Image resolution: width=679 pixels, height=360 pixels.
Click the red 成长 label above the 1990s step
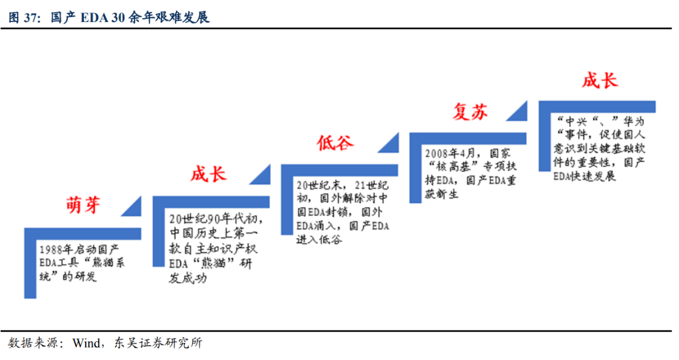click(x=208, y=173)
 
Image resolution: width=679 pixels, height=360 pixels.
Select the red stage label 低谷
click(x=335, y=143)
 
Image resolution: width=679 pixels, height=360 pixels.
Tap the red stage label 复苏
click(x=470, y=112)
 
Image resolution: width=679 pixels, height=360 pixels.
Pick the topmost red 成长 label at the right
click(x=599, y=80)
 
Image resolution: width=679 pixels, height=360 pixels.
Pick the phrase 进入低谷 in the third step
click(x=319, y=239)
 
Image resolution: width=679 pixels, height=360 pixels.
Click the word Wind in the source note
click(x=86, y=344)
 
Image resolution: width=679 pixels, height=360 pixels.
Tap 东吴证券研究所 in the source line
click(x=157, y=344)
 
